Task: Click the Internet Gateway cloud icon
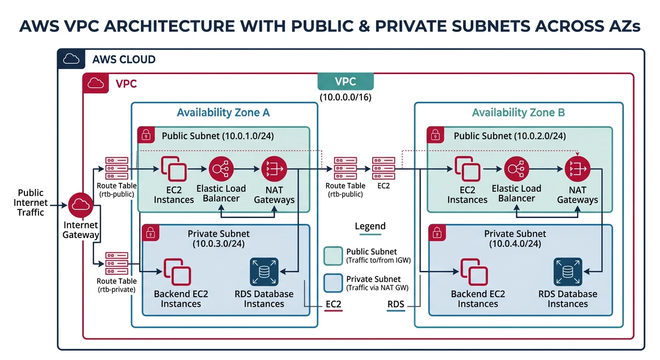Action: (x=81, y=205)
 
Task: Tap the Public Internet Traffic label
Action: (x=31, y=202)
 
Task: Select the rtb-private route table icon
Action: (x=116, y=263)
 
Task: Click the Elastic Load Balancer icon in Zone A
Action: (x=220, y=169)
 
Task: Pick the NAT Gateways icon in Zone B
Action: (x=577, y=169)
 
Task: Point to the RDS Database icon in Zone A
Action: (x=264, y=272)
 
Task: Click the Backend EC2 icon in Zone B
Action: (x=473, y=272)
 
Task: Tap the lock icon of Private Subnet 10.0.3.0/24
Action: (x=150, y=232)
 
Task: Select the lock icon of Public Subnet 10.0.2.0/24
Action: (x=435, y=135)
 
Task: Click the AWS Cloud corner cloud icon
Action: (x=71, y=59)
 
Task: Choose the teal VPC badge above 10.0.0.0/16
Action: (x=345, y=82)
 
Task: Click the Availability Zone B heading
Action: (x=518, y=112)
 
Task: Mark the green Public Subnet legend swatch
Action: (x=333, y=255)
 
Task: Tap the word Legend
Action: (x=370, y=226)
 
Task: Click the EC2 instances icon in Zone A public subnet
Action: (x=174, y=169)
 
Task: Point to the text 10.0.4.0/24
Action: (x=515, y=244)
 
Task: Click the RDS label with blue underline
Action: (x=396, y=305)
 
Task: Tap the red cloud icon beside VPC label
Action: (x=96, y=83)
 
